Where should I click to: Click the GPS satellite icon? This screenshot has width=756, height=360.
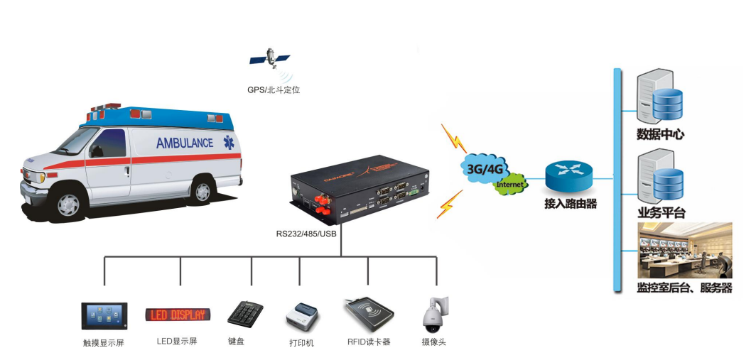(x=271, y=58)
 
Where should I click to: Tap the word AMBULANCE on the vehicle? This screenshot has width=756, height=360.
(x=184, y=143)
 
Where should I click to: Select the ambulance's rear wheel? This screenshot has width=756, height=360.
(x=202, y=188)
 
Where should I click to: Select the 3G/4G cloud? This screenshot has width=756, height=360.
(x=486, y=168)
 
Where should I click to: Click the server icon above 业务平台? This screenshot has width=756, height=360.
(x=659, y=178)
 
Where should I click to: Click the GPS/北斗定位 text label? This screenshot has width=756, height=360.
(x=274, y=90)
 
